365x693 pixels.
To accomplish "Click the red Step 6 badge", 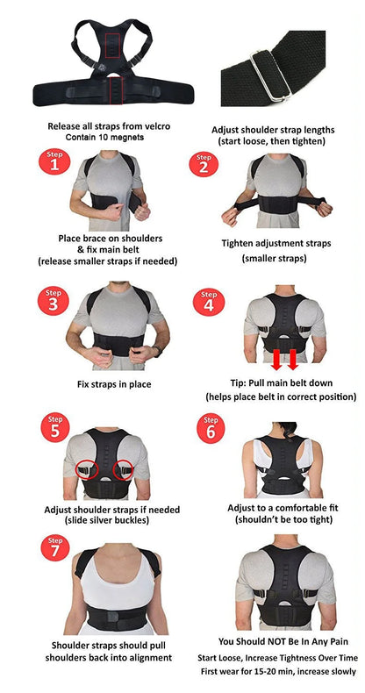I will pyautogui.click(x=209, y=431).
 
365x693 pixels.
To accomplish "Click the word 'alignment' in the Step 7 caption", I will pyautogui.click(x=144, y=658).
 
